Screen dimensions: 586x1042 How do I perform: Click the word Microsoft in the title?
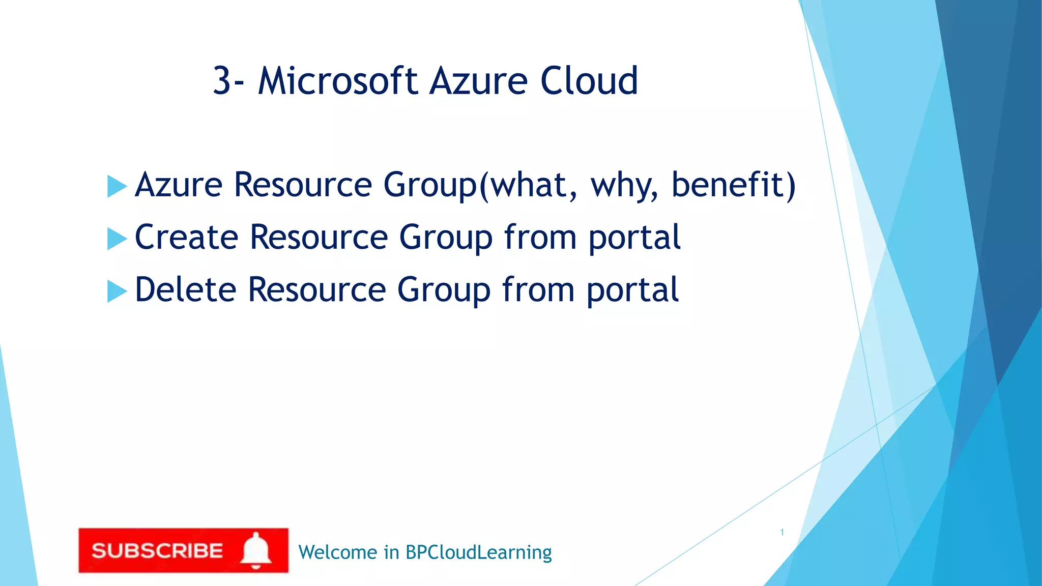(x=338, y=81)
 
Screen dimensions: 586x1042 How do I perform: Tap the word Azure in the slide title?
(x=479, y=81)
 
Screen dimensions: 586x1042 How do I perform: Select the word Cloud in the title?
(x=589, y=81)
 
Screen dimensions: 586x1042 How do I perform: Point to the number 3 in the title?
(x=222, y=81)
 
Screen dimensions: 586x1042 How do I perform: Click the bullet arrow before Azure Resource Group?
(x=117, y=186)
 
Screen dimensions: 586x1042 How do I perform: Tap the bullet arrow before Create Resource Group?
(x=117, y=239)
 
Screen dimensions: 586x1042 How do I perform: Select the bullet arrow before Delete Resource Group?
(x=117, y=291)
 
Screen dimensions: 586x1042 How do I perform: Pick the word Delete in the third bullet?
(x=185, y=289)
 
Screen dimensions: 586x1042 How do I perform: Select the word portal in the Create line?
(x=634, y=239)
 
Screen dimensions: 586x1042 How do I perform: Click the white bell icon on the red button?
(x=256, y=550)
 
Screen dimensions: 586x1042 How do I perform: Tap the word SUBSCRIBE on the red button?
(x=157, y=551)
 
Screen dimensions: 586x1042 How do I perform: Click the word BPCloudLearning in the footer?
(x=478, y=553)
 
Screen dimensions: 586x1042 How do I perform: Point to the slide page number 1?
(x=782, y=533)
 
